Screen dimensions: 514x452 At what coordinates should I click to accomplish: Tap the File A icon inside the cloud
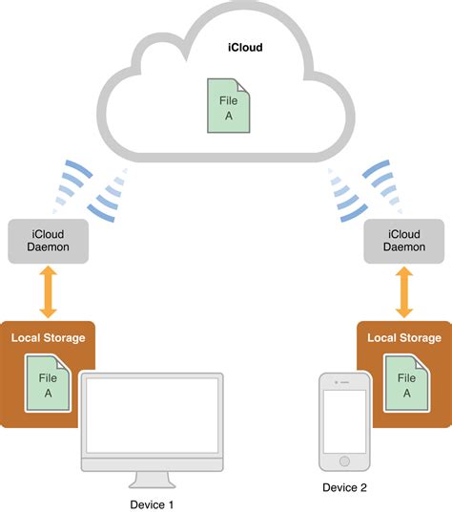coord(229,106)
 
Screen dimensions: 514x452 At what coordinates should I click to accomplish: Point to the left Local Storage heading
coord(48,337)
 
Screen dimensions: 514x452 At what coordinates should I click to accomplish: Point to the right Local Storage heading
coord(404,337)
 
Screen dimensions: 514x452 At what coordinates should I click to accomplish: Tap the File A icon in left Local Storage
coord(47,384)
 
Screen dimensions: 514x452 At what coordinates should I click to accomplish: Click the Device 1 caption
coord(153,503)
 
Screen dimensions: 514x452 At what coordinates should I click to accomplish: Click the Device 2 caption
coord(344,488)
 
